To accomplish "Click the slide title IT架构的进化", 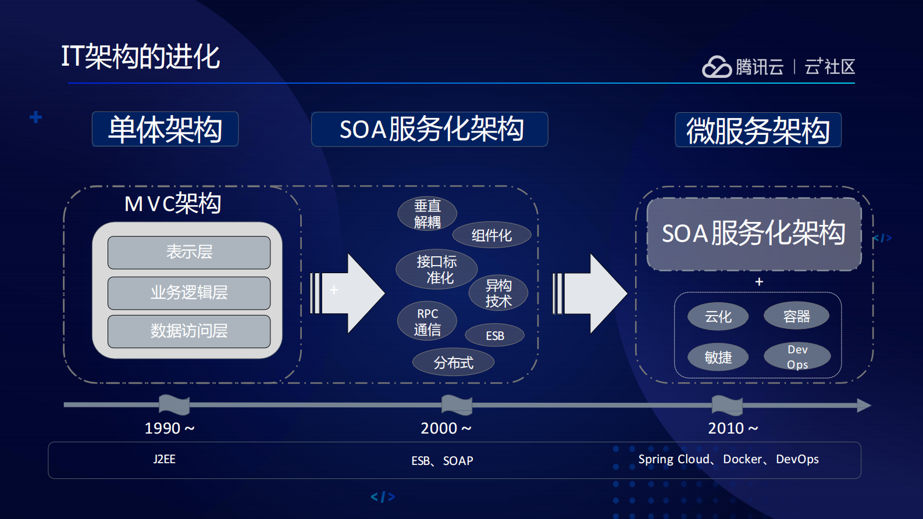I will pos(140,57).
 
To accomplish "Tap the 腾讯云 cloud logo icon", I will pos(716,67).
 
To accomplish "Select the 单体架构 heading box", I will pos(165,129).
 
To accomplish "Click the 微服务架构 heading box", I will pos(758,130).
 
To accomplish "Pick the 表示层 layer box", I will pos(189,252).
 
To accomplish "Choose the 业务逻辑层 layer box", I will pos(189,293).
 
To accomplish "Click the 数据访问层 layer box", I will pos(189,331).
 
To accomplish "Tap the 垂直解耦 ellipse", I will pos(427,214).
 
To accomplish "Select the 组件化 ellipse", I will pos(491,235).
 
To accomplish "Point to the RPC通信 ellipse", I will pos(427,321).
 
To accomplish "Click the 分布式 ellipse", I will pos(453,363).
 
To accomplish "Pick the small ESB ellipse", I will pos(494,336).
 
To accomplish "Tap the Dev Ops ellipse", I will pos(797,357).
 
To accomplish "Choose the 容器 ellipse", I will pos(796,316).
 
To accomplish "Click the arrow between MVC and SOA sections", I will pos(349,293).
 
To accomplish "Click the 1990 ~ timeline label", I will pos(169,428).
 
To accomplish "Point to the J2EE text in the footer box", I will pos(164,459).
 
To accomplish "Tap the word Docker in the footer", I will pos(742,459).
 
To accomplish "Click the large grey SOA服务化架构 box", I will pos(753,234).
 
